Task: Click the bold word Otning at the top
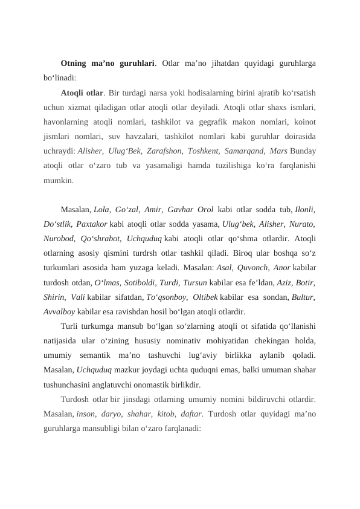pyautogui.click(x=74, y=63)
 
